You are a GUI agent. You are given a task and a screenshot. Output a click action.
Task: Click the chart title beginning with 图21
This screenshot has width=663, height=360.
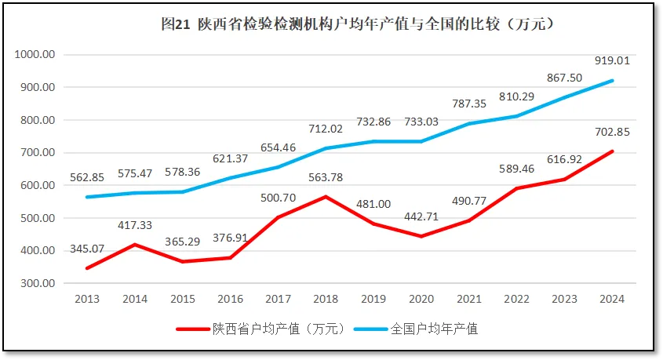point(358,24)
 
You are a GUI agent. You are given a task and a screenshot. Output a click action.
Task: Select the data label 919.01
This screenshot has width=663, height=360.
point(612,60)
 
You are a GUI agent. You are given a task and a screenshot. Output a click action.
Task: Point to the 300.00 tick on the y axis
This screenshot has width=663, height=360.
point(37,283)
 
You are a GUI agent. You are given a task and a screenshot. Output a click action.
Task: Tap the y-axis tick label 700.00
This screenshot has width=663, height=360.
point(37,153)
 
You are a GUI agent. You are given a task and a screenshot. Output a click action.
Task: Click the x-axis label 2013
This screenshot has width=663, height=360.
point(87,299)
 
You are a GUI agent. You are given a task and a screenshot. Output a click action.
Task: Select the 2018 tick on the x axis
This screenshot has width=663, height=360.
point(326,299)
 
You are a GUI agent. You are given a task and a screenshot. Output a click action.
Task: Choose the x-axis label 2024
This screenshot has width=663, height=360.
point(612,299)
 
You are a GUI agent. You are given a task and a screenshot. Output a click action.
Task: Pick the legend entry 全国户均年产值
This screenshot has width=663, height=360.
point(434,329)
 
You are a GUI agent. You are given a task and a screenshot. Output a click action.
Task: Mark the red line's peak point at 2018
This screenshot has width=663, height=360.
point(326,196)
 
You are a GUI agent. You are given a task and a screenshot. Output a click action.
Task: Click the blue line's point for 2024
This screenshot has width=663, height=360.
point(612,81)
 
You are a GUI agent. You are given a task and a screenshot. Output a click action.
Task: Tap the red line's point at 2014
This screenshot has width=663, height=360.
point(135,244)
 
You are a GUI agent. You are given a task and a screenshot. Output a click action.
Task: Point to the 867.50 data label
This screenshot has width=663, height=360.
point(564,78)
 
